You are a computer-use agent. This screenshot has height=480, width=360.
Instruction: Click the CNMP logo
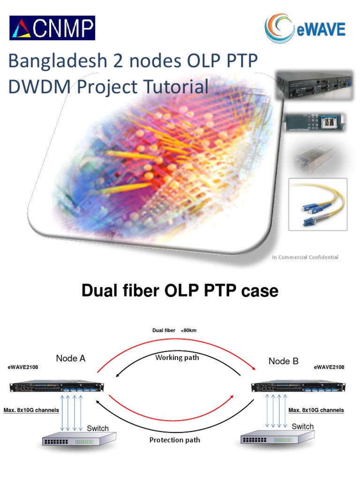point(52,28)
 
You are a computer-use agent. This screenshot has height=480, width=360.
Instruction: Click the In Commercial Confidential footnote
point(305,257)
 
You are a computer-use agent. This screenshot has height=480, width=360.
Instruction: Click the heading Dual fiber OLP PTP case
point(180,291)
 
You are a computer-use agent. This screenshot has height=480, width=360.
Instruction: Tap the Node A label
point(71,359)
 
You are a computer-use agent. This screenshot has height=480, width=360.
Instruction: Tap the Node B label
point(283,361)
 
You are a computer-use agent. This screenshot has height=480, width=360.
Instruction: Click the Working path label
point(177,358)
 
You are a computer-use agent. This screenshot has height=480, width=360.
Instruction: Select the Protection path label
point(174,440)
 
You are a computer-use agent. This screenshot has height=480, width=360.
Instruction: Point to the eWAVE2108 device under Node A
point(56,387)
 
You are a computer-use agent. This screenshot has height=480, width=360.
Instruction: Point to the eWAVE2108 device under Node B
point(299,387)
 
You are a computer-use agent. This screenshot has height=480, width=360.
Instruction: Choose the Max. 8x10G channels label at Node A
point(31,410)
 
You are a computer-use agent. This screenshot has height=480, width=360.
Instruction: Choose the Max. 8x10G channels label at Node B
point(316,410)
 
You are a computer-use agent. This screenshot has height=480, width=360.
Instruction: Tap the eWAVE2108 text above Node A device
point(22,367)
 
